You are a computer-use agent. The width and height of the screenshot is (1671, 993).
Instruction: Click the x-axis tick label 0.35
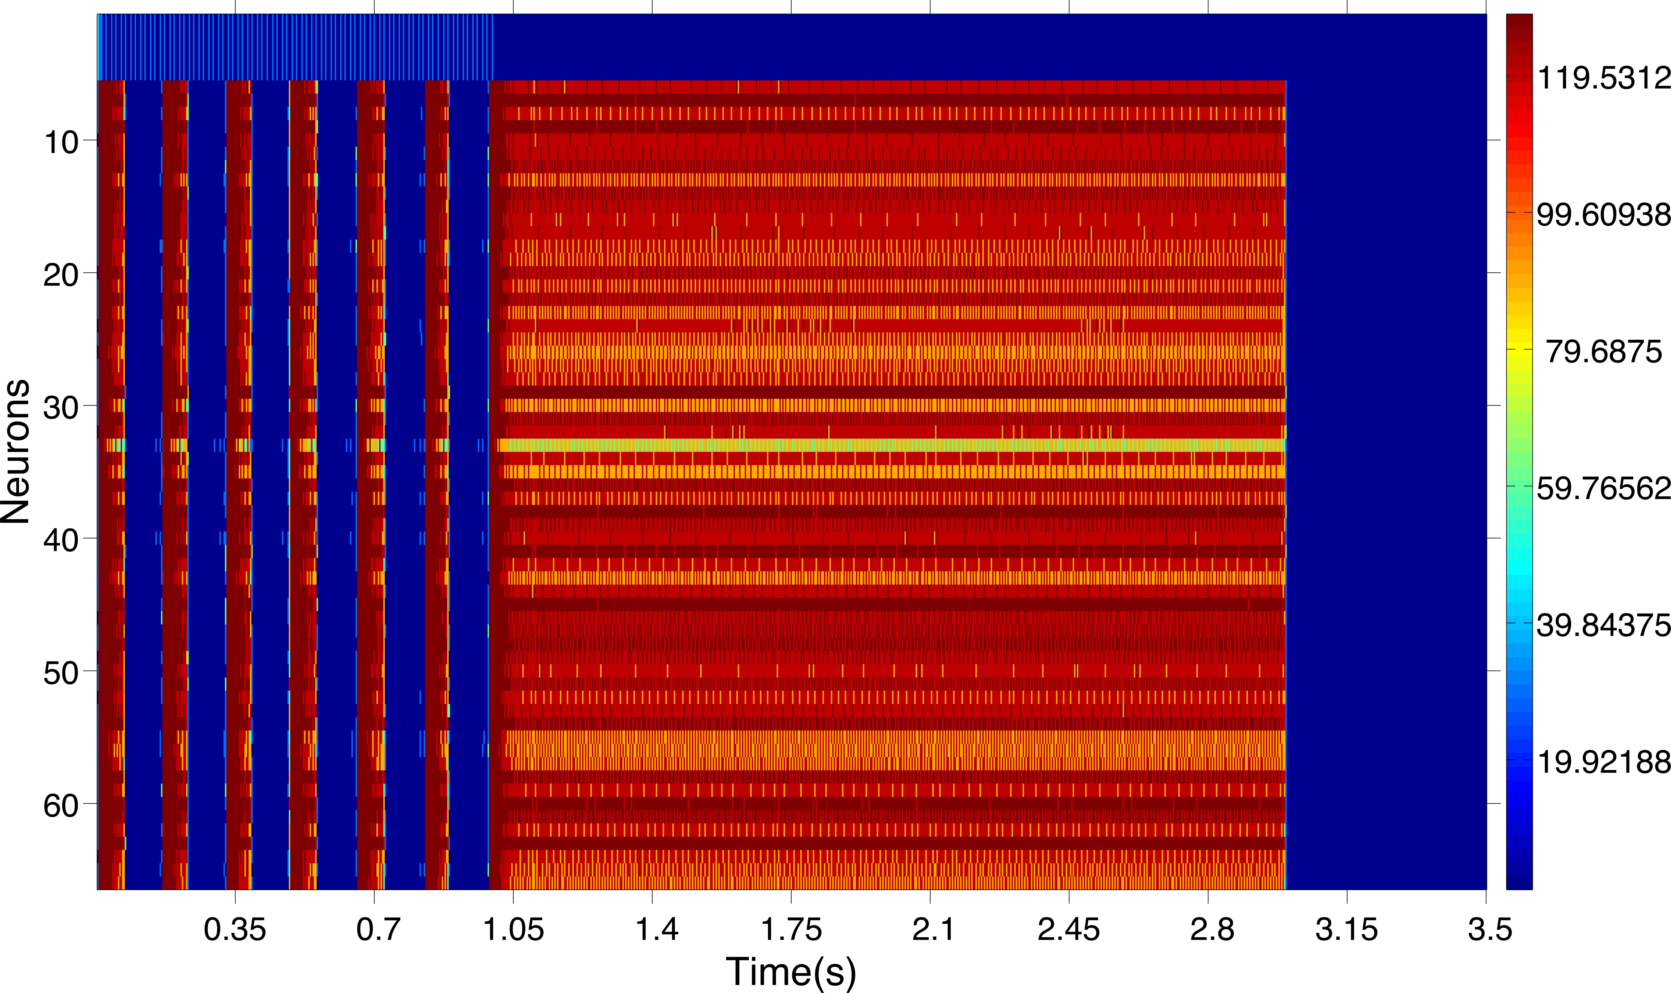click(x=235, y=930)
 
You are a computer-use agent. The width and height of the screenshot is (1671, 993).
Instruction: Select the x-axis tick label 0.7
click(x=379, y=930)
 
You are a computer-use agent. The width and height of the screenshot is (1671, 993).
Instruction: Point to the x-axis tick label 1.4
click(x=656, y=930)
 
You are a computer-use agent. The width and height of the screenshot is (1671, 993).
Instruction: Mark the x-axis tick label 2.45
click(x=1069, y=930)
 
